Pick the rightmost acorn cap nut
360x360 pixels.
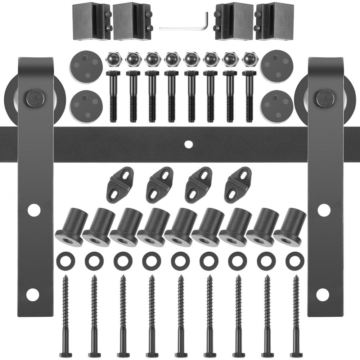(249, 59)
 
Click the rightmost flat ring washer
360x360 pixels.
(295, 261)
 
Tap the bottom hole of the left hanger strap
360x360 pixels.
(32, 295)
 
